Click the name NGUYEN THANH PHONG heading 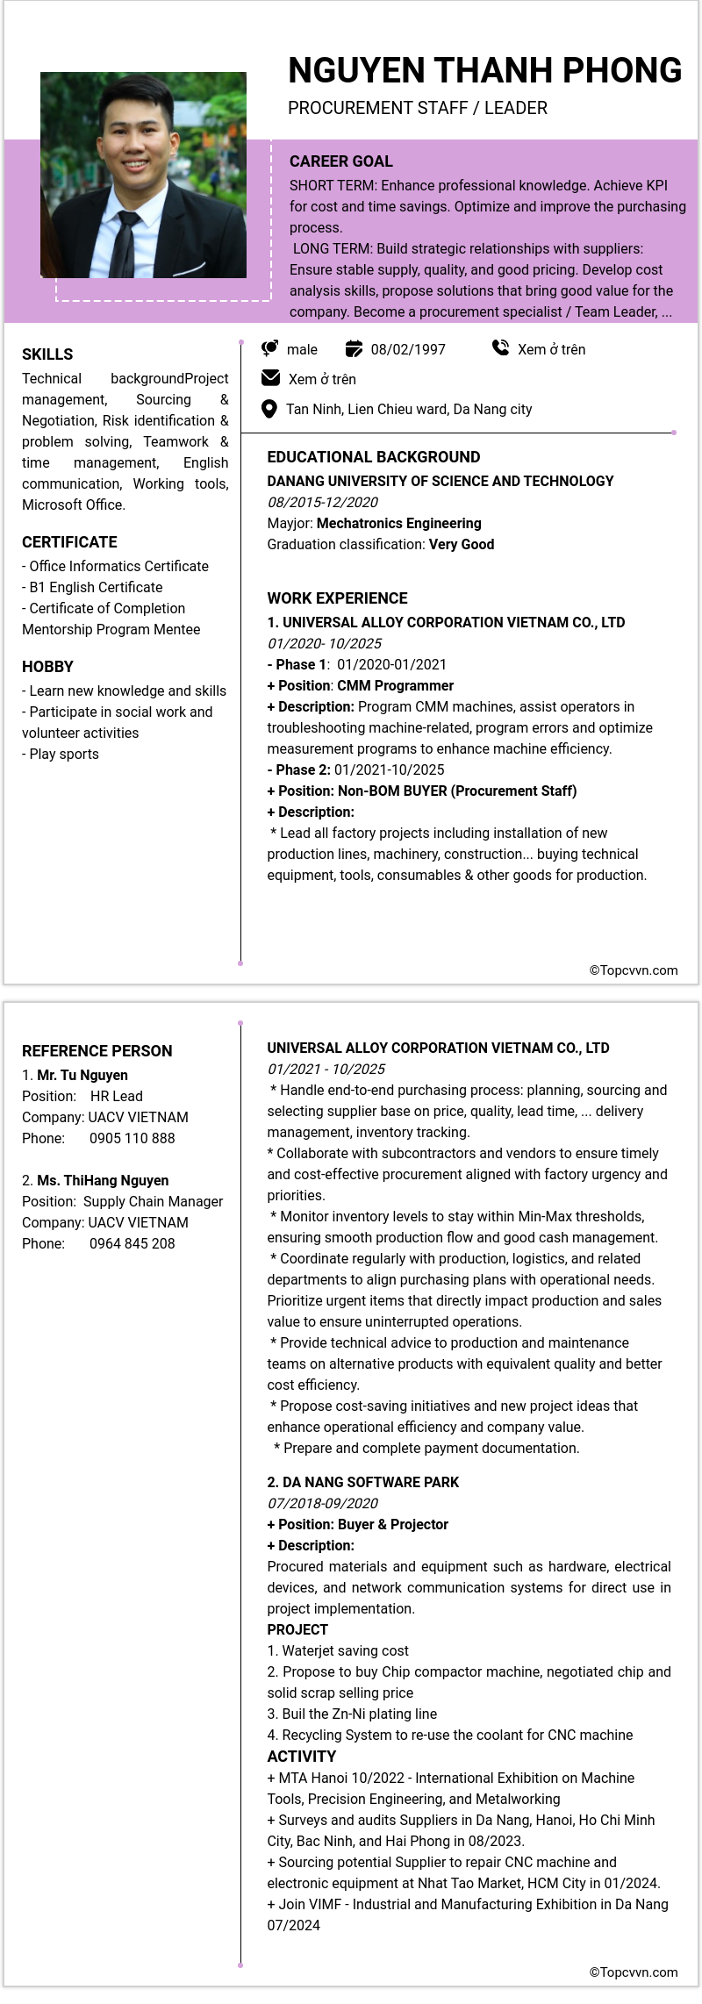484,70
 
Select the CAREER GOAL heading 340,161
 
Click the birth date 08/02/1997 407,349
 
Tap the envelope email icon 271,378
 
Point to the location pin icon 270,409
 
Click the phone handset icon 500,348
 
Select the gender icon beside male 270,348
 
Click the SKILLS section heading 47,354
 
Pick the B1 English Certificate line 93,587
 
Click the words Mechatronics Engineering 398,523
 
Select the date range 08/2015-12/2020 323,502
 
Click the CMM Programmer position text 395,685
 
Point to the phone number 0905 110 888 132,1138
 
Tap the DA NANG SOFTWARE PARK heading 363,1482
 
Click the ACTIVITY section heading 301,1756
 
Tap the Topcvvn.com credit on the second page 634,1972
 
